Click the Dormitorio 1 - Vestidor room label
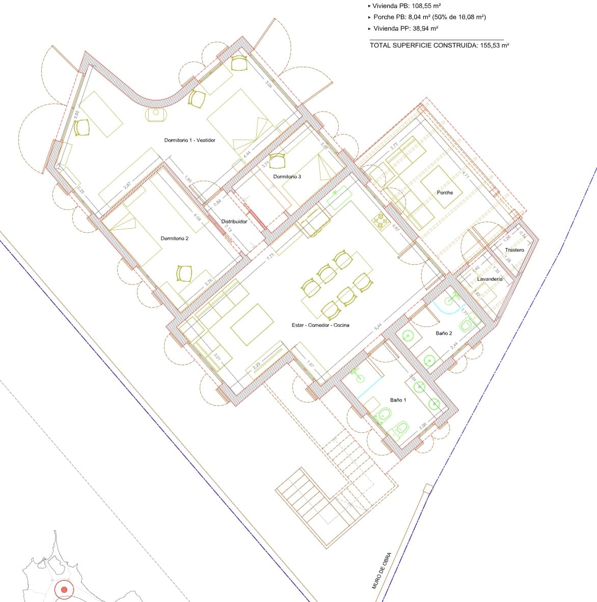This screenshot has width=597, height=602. (189, 140)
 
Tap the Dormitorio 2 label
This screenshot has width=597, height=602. (175, 238)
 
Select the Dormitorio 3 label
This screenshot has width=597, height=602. (287, 177)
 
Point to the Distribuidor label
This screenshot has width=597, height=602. (234, 222)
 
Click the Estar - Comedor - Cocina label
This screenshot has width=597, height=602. (320, 325)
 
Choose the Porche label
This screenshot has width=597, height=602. (445, 193)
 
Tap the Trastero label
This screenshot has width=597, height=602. (514, 250)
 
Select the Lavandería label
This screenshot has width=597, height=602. (490, 279)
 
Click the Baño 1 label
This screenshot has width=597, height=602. (398, 400)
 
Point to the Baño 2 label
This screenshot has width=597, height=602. (444, 333)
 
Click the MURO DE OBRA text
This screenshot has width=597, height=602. (382, 570)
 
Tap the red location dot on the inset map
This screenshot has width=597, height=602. (64, 590)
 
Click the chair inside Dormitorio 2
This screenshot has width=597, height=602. (183, 273)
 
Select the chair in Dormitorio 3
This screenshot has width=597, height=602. (278, 161)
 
